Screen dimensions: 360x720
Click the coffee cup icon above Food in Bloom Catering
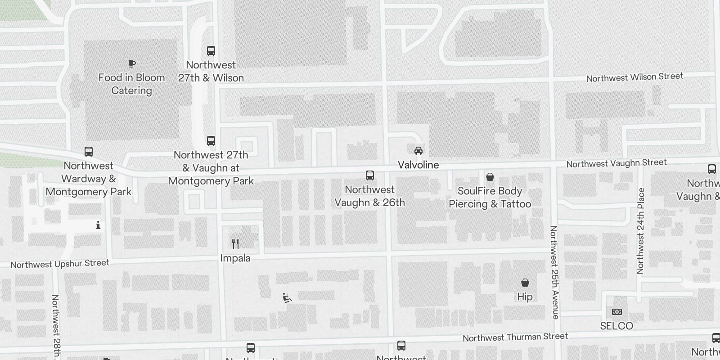(131, 64)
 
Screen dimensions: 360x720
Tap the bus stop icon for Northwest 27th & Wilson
(211, 50)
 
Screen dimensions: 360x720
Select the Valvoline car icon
(418, 151)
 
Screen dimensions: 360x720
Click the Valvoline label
(418, 165)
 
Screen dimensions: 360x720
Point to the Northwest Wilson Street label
(634, 77)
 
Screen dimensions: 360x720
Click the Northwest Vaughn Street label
(616, 163)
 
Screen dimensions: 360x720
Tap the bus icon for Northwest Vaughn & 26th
(370, 175)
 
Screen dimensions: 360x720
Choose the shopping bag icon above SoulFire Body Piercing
(490, 177)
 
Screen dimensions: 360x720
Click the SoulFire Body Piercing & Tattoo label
(490, 198)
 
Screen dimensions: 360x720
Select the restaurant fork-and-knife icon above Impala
(235, 244)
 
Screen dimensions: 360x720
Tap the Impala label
(235, 258)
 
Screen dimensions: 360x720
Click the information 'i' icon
(98, 225)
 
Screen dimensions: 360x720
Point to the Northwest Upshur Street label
(60, 264)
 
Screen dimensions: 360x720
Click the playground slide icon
(287, 298)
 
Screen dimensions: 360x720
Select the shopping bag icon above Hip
(525, 283)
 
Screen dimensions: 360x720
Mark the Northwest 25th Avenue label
(554, 272)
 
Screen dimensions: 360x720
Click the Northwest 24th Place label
(640, 230)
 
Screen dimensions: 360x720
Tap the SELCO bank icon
(616, 311)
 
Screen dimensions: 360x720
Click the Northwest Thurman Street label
(515, 337)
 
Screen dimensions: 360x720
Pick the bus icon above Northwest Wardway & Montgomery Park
(89, 152)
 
